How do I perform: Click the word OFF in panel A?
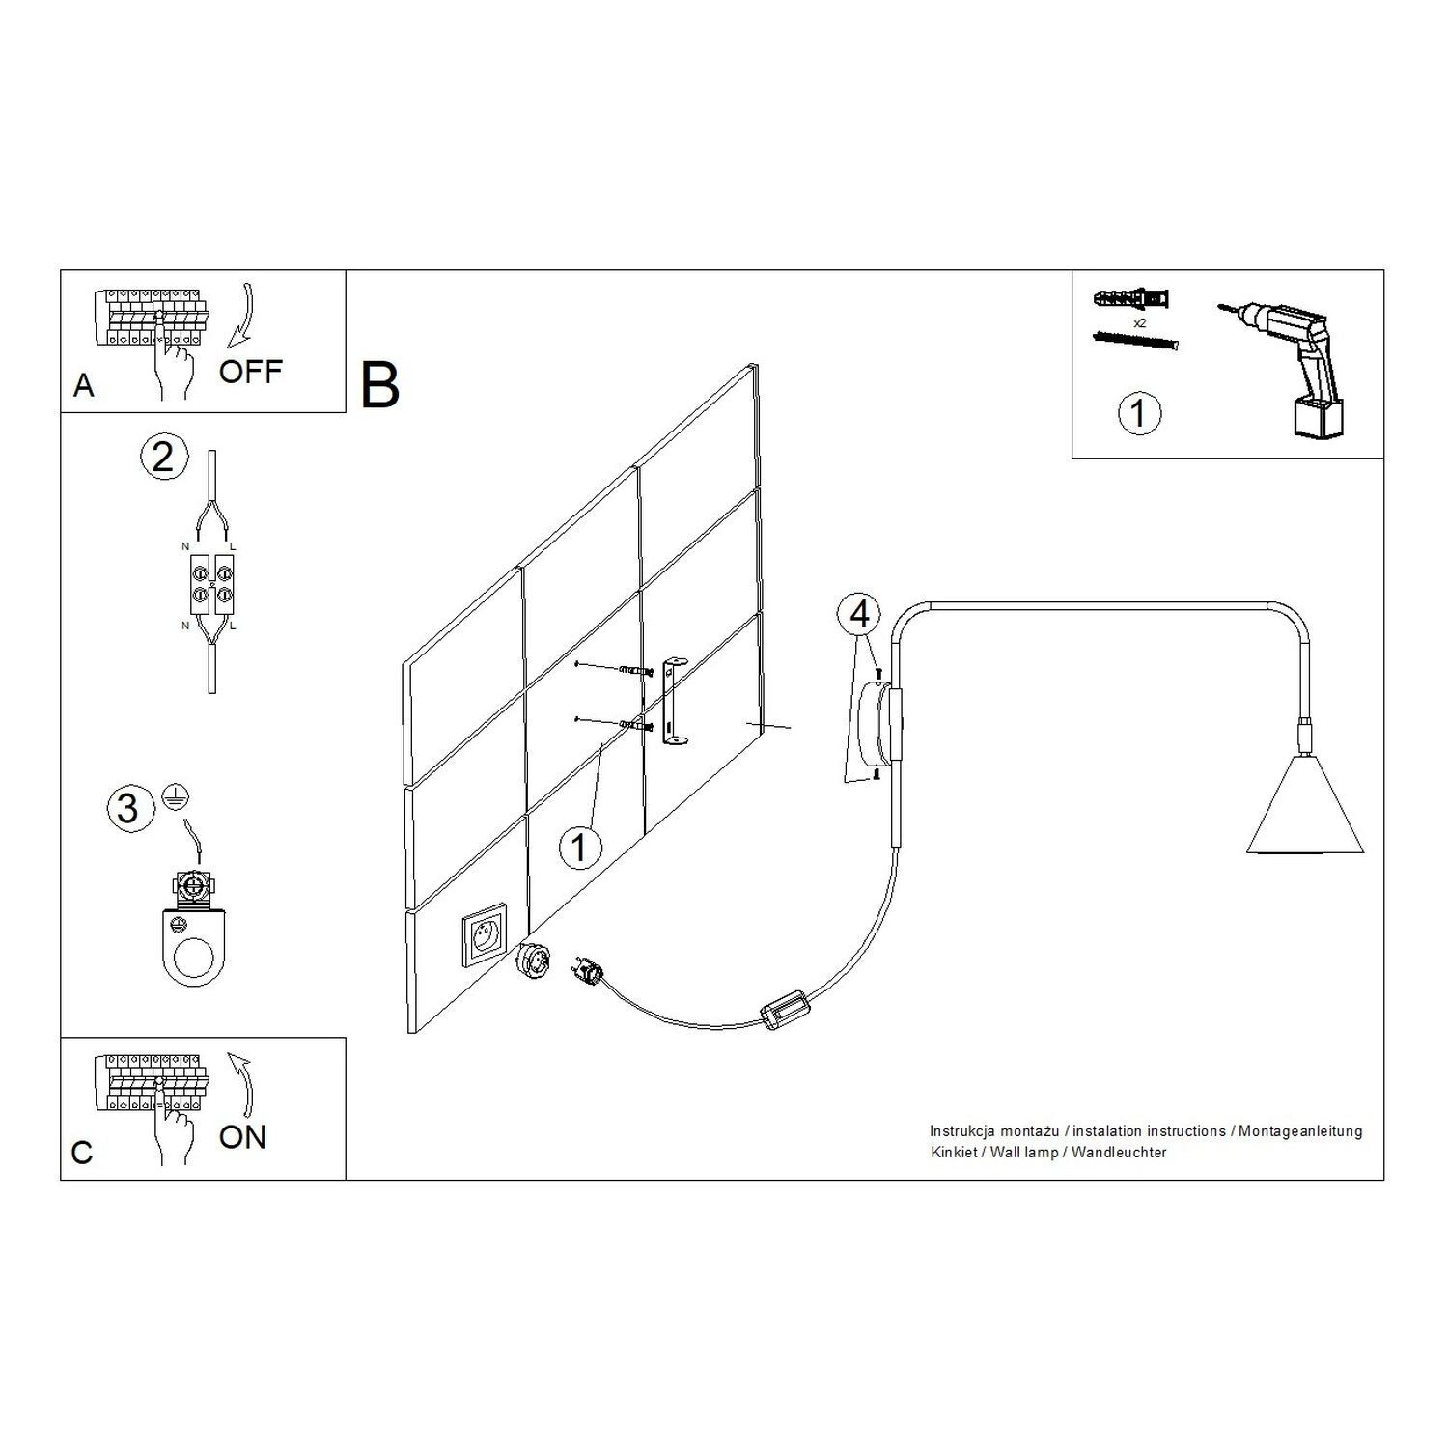click(x=250, y=371)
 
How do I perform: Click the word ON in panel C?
click(x=242, y=1136)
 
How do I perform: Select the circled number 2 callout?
click(x=162, y=456)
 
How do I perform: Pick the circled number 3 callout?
click(x=127, y=807)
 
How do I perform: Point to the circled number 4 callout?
click(x=860, y=614)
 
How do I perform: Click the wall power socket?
click(x=485, y=934)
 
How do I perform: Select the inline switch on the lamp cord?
click(x=784, y=1013)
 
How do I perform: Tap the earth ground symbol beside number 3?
click(x=178, y=794)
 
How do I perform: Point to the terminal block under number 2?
click(x=210, y=586)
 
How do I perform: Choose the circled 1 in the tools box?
click(x=1139, y=413)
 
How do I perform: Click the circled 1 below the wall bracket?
click(x=579, y=847)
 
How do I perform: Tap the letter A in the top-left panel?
click(x=84, y=386)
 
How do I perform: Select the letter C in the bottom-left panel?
click(x=83, y=1153)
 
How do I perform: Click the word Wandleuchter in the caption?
click(x=1119, y=1153)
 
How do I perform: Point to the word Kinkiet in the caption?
click(x=952, y=1153)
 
